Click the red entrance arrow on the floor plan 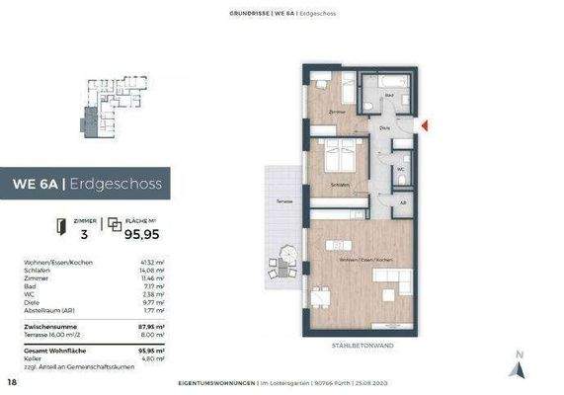point(425,125)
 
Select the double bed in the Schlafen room point(339,157)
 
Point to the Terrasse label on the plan point(283,202)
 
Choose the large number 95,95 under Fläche point(141,235)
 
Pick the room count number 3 point(84,235)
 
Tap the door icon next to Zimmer point(62,226)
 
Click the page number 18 point(12,381)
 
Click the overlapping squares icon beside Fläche point(115,226)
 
